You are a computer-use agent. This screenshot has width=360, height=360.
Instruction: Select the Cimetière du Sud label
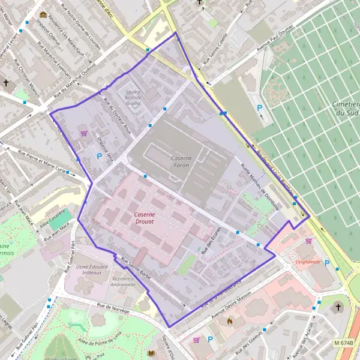tap(345, 109)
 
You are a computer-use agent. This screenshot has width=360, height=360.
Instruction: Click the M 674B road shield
tap(344, 343)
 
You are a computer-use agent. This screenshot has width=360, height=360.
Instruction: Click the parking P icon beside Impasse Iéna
tap(100, 156)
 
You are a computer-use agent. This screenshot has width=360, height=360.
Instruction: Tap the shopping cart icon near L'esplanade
tap(308, 241)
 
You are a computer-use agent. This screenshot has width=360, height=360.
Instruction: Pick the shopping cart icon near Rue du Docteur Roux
tap(83, 133)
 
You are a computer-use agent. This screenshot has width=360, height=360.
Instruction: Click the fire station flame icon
tap(229, 321)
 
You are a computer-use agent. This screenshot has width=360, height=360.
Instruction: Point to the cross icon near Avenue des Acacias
tap(338, 307)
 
